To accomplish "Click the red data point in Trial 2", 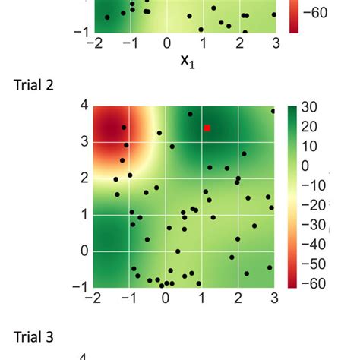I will (x=207, y=128).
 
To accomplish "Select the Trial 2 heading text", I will (x=34, y=84).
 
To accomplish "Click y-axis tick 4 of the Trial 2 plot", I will (x=84, y=106).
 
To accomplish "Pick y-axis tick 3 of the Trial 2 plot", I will (x=84, y=141).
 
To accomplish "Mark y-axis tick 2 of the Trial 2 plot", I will (x=84, y=178).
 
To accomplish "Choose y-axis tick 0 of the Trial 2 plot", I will (x=84, y=251).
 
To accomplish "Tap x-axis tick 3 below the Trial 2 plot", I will (x=273, y=299).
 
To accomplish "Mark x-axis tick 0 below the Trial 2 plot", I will (x=166, y=299).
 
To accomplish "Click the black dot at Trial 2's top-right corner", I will (x=273, y=111).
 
